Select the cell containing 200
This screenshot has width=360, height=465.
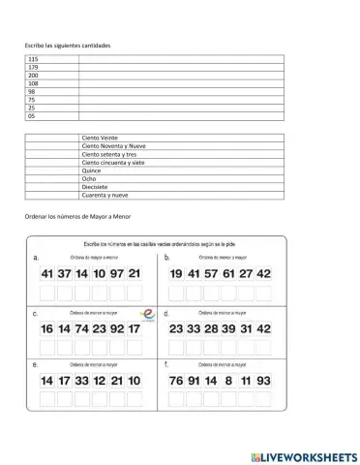[x=34, y=76]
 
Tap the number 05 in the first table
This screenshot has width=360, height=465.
[x=33, y=115]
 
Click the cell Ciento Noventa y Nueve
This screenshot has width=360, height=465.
[x=112, y=147]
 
